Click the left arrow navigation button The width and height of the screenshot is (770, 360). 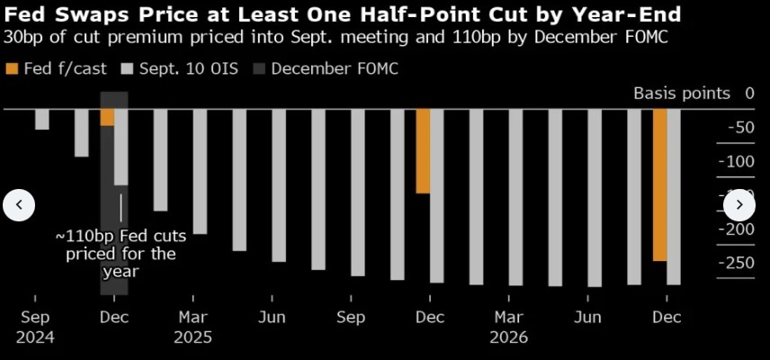19,205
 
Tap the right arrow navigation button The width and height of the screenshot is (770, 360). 739,205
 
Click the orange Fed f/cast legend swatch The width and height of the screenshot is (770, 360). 11,68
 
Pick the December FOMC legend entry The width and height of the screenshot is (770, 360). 334,68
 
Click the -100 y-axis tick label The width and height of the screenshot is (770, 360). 738,161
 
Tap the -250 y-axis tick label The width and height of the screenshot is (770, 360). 738,262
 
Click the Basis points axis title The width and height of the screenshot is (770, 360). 681,94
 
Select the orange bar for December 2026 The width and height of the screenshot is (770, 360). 659,184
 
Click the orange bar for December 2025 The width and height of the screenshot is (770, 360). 423,151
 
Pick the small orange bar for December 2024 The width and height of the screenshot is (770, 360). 108,117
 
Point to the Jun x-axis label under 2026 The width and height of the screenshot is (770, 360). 587,318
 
